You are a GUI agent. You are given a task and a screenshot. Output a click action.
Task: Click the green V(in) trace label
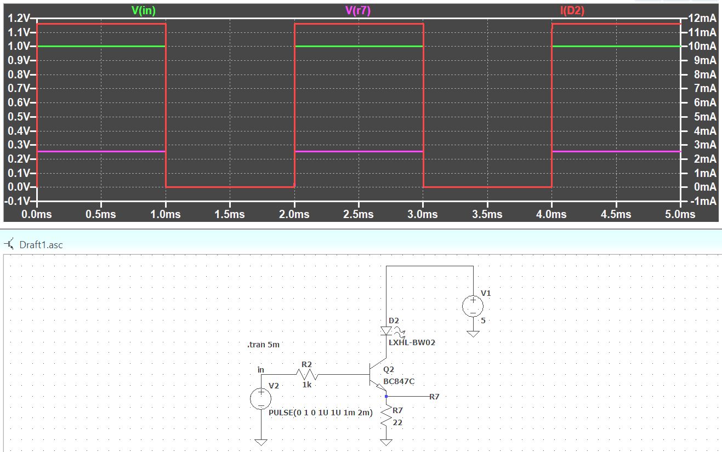click(144, 10)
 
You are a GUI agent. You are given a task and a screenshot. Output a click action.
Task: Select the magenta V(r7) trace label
click(358, 10)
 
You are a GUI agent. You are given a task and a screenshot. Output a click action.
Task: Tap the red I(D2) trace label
click(572, 10)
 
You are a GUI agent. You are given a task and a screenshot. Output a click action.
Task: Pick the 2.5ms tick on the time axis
click(358, 214)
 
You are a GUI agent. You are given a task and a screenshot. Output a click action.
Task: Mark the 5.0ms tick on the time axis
click(680, 214)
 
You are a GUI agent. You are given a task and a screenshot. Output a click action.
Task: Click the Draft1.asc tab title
click(41, 245)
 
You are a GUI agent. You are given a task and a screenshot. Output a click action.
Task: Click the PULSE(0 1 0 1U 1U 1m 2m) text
click(321, 413)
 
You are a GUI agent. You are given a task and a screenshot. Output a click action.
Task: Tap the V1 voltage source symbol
click(473, 307)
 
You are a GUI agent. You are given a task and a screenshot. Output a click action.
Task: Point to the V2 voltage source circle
click(261, 398)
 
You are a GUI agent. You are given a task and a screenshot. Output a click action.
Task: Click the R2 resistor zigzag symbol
click(307, 374)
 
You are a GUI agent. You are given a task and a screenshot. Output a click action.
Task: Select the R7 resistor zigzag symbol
click(387, 417)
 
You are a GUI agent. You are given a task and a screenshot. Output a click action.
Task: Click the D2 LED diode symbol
click(386, 331)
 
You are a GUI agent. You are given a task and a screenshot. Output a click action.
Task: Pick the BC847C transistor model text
click(399, 381)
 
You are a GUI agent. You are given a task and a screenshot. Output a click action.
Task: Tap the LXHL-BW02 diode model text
click(412, 342)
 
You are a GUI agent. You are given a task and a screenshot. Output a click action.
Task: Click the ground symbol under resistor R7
click(386, 442)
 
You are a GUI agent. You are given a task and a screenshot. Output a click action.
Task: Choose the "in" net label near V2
click(261, 370)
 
